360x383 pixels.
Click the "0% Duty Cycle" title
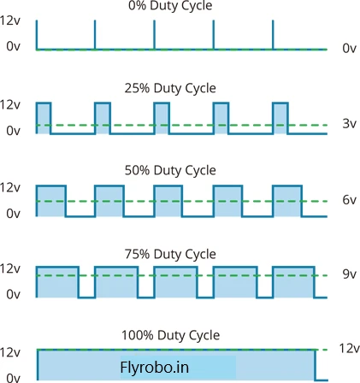coord(170,6)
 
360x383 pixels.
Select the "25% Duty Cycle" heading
coord(170,88)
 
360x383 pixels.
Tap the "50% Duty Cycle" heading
coord(170,170)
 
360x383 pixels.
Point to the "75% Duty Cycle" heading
coord(170,254)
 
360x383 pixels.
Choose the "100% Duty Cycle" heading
coord(170,335)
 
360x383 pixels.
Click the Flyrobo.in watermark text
coord(155,367)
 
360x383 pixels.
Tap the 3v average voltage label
coord(350,124)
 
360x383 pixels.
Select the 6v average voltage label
coord(350,200)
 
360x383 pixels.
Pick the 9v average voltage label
coord(350,274)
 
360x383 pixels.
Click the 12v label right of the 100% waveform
coord(350,348)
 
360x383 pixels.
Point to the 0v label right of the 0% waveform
coord(350,49)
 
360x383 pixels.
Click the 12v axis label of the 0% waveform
coord(10,21)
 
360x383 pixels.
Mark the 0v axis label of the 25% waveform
coord(14,131)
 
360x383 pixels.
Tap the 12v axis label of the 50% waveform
coord(10,187)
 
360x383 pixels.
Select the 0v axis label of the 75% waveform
coord(14,294)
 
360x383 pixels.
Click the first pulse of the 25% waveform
coord(44,118)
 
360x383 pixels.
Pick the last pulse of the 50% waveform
coord(287,201)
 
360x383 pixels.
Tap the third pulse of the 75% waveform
coord(175,282)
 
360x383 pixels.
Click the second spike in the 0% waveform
coord(95,35)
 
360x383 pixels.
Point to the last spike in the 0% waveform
coord(273,35)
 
